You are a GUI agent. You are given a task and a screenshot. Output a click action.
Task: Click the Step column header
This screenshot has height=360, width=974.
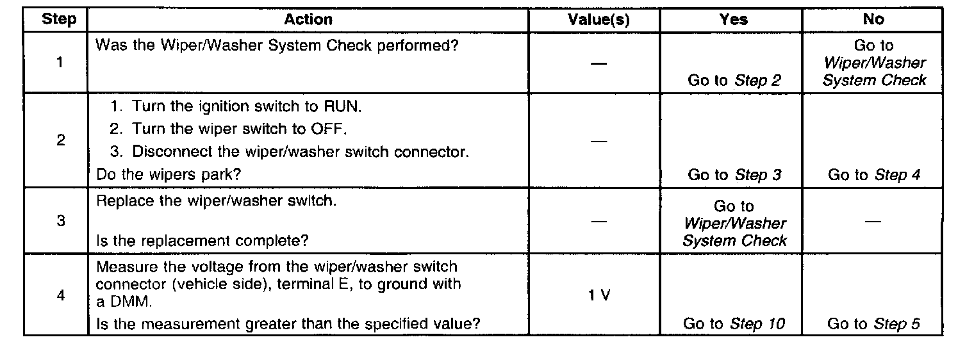click(59, 20)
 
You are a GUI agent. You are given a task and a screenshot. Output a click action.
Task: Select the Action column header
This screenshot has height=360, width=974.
click(308, 20)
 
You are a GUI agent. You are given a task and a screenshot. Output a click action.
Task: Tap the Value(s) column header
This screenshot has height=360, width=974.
click(598, 20)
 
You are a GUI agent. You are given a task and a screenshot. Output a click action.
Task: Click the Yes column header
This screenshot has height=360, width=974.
click(733, 20)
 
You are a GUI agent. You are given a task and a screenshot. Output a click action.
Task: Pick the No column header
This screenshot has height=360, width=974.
click(873, 20)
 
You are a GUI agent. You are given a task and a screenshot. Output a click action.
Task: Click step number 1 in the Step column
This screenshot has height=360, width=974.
click(59, 63)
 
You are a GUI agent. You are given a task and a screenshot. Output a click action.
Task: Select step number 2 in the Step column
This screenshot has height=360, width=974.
click(60, 140)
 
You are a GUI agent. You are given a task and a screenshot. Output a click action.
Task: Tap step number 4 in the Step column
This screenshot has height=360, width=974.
click(60, 296)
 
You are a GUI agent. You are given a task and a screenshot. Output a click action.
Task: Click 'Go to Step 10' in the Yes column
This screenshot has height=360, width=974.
click(734, 324)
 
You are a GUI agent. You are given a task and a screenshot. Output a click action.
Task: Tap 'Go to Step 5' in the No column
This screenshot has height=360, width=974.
click(873, 324)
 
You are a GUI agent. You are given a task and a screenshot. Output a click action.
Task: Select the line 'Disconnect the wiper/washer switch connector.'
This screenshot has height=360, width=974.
click(289, 152)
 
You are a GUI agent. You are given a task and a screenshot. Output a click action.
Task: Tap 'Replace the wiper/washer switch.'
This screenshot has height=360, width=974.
click(215, 200)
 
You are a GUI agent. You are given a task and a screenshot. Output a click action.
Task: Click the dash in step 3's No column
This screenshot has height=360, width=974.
click(873, 222)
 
